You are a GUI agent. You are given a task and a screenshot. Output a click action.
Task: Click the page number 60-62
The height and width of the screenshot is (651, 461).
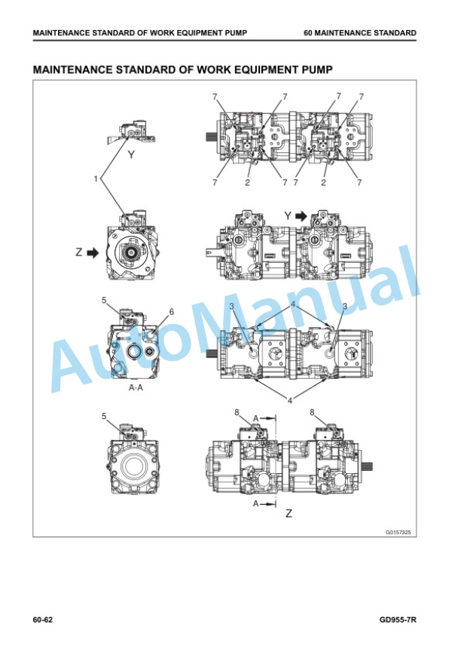pos(43,620)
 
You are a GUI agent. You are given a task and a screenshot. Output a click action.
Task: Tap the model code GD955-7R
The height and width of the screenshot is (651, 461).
pos(398,620)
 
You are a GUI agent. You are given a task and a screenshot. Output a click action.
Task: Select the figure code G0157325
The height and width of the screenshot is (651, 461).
pos(398,532)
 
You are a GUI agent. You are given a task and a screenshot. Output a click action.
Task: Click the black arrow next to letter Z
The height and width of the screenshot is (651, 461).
pos(93,252)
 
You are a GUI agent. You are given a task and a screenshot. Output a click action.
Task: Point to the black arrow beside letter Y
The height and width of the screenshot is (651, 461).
pos(301,216)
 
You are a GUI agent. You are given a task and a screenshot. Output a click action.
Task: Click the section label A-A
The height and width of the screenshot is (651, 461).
pos(136,388)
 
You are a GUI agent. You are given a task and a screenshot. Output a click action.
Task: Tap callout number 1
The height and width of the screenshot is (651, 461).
pos(96,179)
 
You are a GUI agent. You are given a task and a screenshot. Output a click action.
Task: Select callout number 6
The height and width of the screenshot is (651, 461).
pos(172,312)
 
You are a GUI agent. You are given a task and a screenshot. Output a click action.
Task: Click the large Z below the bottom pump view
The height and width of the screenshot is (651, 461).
pos(289,514)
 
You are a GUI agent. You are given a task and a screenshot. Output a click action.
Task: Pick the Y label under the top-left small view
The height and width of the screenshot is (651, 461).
pos(131,155)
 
